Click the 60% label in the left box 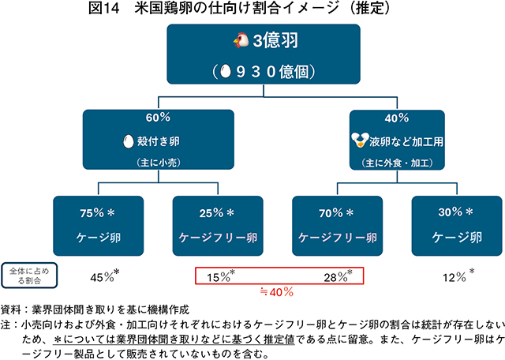[x=158, y=117]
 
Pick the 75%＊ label [x=98, y=213]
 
